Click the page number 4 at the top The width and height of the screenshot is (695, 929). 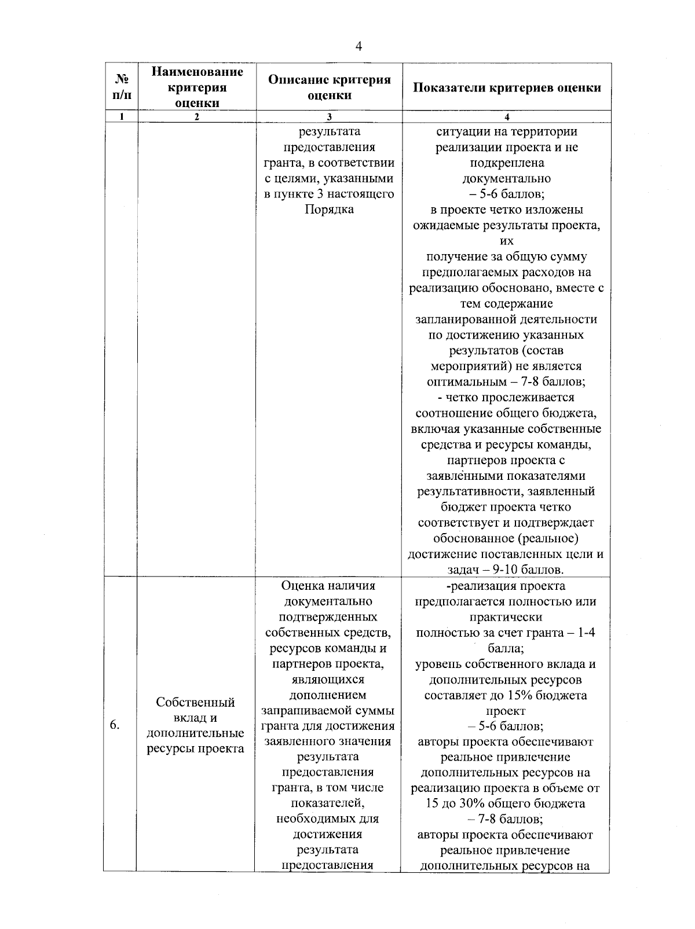(x=359, y=47)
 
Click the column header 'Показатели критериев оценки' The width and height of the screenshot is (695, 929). (x=507, y=87)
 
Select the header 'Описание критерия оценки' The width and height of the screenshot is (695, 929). (x=329, y=87)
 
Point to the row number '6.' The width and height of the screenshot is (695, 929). (x=115, y=725)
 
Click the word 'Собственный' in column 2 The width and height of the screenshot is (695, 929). (x=195, y=702)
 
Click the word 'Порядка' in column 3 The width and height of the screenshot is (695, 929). (x=329, y=210)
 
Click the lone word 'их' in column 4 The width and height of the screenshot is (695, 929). (x=506, y=241)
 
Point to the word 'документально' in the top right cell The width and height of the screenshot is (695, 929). (x=506, y=178)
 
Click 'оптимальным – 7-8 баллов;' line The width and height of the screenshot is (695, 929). (x=506, y=381)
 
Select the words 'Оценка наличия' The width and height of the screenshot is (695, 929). (x=328, y=586)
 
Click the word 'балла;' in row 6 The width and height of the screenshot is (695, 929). (x=506, y=648)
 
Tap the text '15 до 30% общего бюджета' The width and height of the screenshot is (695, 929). (x=506, y=803)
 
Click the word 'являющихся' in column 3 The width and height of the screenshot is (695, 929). (x=328, y=679)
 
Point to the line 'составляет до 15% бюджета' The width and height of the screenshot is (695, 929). (x=506, y=695)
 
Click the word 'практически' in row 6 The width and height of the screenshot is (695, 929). (x=506, y=617)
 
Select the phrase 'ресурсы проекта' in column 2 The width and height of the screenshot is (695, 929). (x=195, y=748)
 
